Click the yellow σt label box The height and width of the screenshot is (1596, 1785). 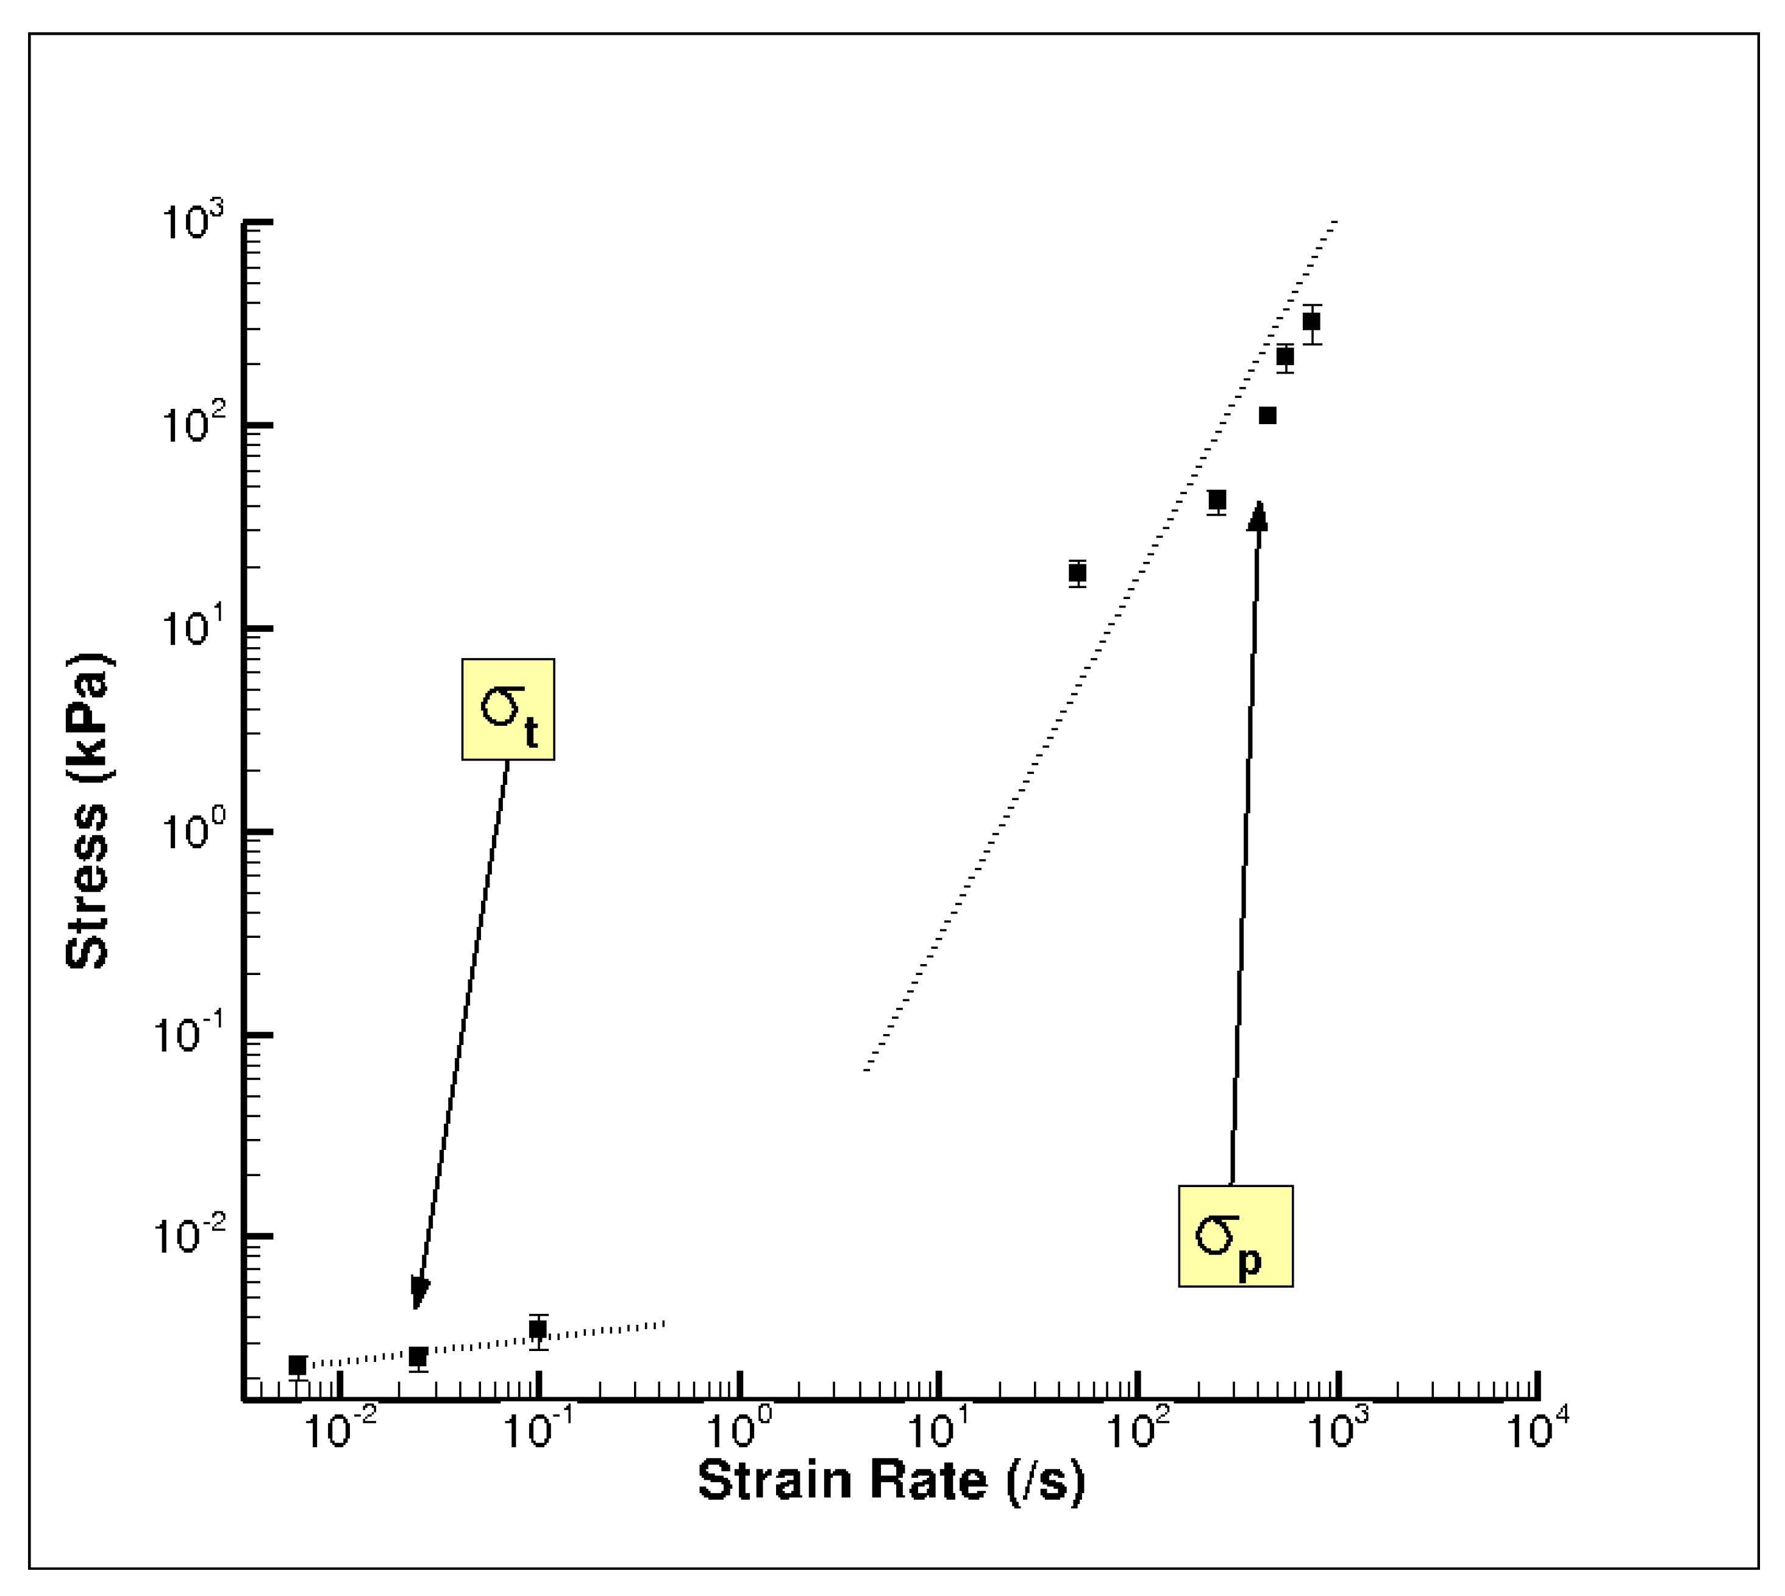(508, 709)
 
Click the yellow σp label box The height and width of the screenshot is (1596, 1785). (1235, 1236)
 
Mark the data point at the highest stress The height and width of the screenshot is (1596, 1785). (1311, 321)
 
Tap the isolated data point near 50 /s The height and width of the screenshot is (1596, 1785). (1077, 573)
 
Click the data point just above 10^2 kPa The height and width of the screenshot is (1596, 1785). (1267, 415)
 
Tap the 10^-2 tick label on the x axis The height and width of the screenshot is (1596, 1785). (340, 1430)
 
